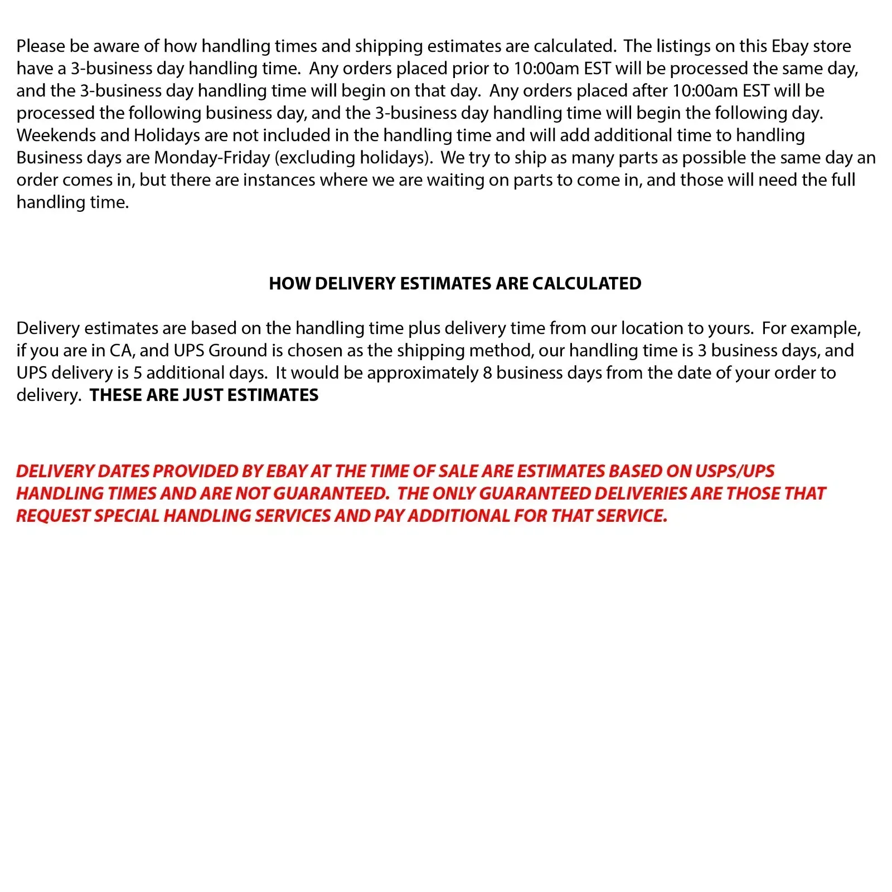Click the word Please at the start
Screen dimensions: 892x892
[x=41, y=46]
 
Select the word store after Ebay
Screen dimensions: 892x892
[x=832, y=46]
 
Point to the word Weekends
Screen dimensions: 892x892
[x=56, y=135]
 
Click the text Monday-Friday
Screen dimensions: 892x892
[x=212, y=158]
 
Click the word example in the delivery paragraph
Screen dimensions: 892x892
[x=825, y=328]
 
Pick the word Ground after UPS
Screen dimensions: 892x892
[x=237, y=351]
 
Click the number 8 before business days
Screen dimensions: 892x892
[x=487, y=373]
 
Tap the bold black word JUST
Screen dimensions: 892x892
[x=203, y=395]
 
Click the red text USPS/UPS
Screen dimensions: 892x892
[x=735, y=471]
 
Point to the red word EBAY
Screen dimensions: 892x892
[x=287, y=471]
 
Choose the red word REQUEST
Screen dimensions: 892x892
[x=53, y=516]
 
